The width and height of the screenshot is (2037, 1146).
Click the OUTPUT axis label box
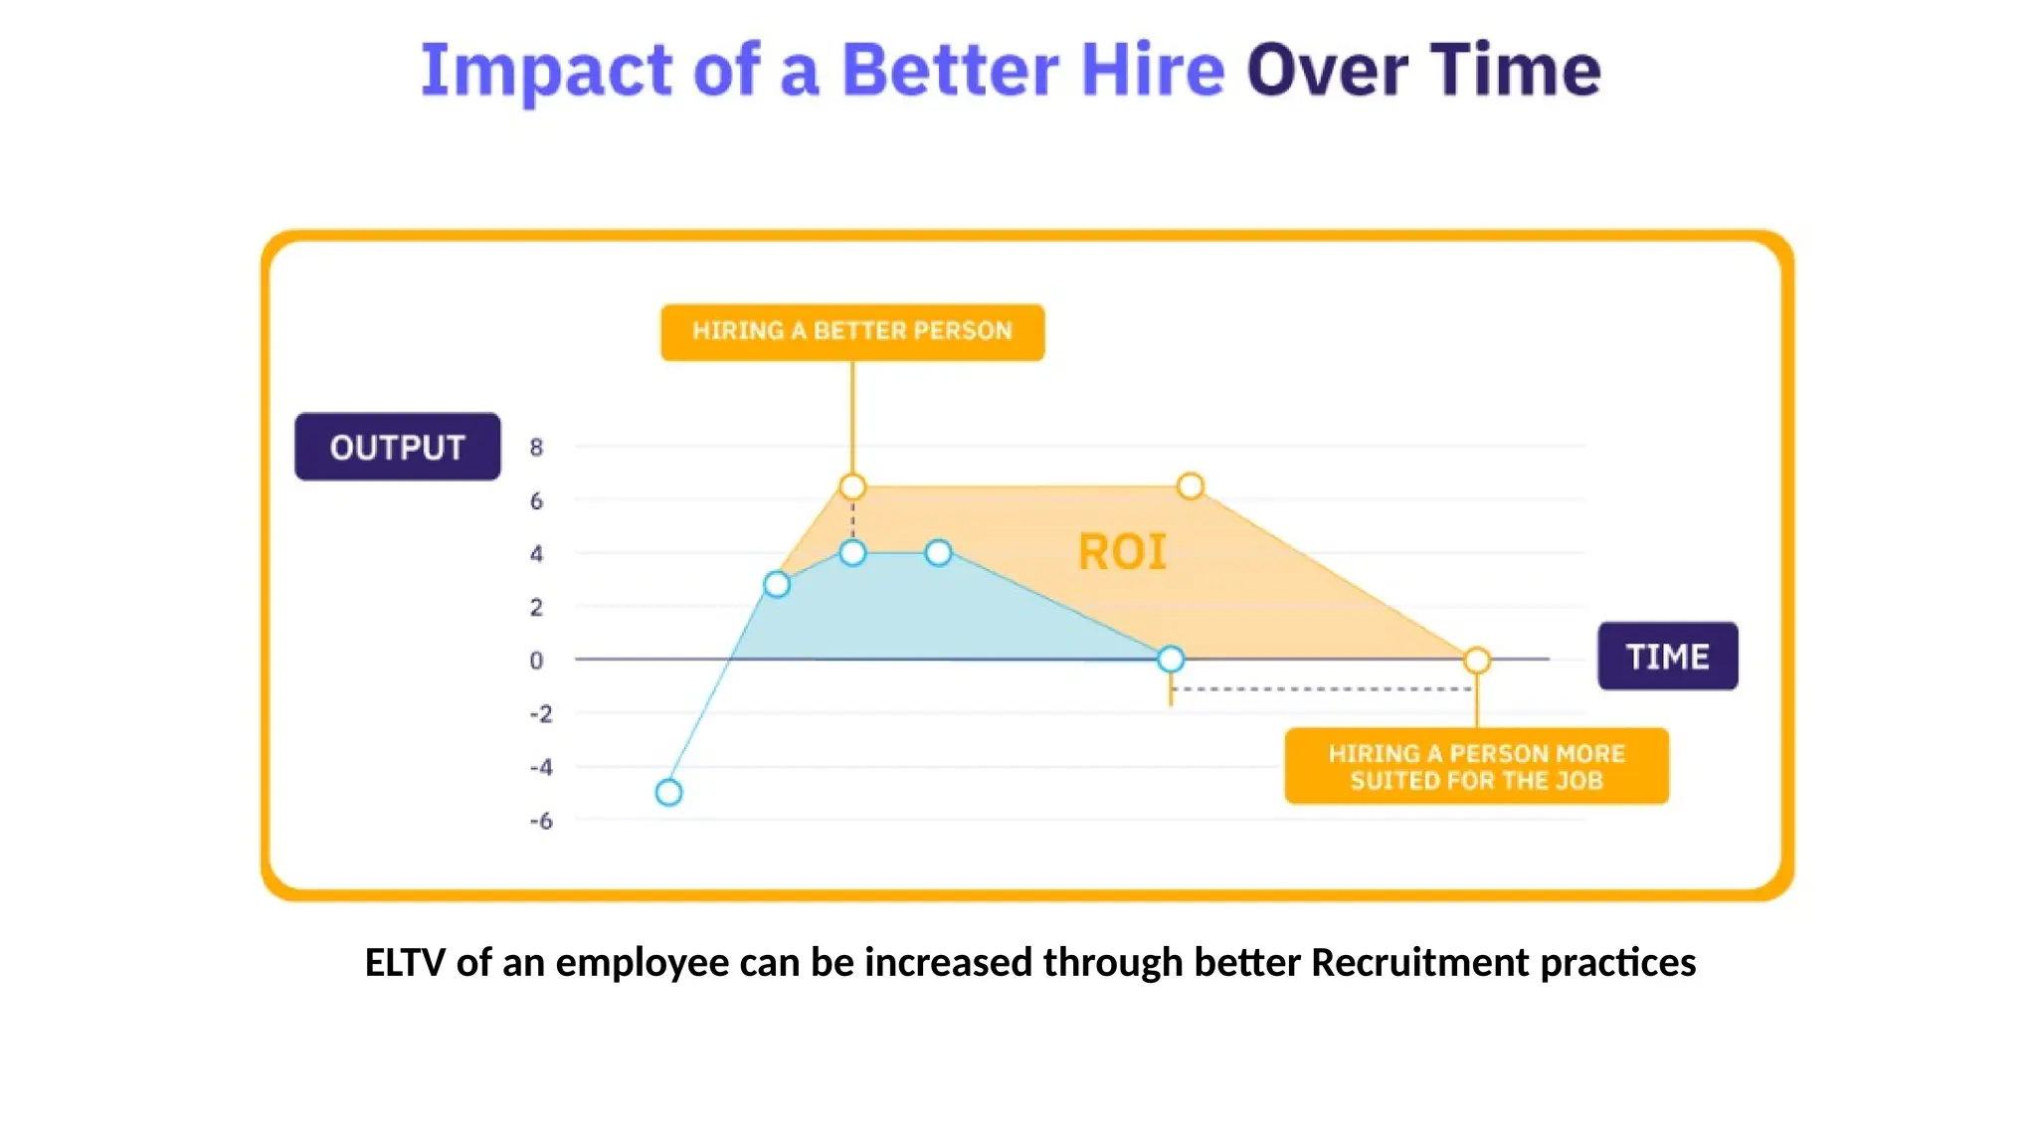click(x=397, y=447)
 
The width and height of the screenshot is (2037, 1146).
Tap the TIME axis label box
click(x=1667, y=657)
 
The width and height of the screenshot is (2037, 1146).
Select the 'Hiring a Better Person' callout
click(x=852, y=331)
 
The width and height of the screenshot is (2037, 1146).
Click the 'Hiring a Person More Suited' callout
click(x=1476, y=766)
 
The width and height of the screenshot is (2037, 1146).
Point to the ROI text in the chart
click(x=1122, y=552)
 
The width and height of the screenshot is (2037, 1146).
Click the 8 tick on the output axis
click(x=536, y=448)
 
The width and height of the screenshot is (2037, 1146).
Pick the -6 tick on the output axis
click(x=540, y=821)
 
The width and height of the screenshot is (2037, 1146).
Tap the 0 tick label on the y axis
click(x=536, y=661)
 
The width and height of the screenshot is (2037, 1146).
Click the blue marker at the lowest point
click(x=669, y=793)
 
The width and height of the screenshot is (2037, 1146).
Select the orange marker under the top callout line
click(x=852, y=486)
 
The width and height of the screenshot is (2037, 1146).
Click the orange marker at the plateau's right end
click(x=1190, y=486)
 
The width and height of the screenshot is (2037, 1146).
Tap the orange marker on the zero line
click(x=1477, y=661)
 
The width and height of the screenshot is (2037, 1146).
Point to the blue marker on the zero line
click(x=1171, y=659)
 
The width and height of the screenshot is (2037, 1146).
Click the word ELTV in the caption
click(x=404, y=962)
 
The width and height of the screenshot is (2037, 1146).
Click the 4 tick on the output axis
click(x=536, y=554)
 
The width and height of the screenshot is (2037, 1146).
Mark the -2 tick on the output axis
click(x=540, y=714)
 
